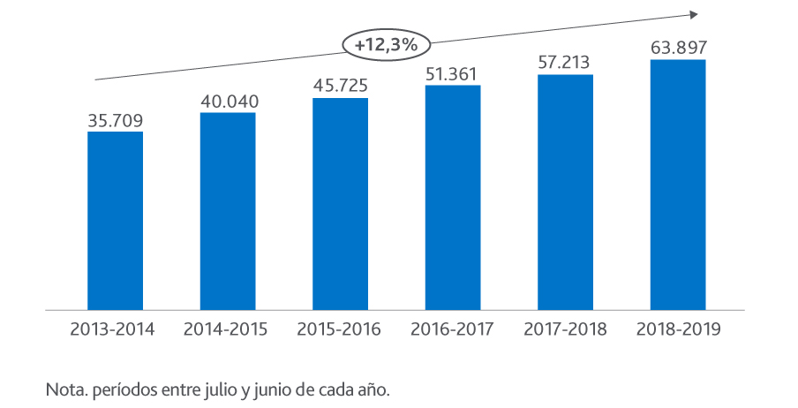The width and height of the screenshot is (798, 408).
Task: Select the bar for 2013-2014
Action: [x=115, y=221]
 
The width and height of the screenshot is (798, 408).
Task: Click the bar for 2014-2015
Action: [x=228, y=212]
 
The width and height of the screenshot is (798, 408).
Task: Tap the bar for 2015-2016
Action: [x=340, y=204]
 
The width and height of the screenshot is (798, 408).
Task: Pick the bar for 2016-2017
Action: [x=452, y=198]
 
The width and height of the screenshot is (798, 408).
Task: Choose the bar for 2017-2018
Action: [x=565, y=193]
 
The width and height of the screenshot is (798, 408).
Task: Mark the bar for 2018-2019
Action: [x=677, y=185]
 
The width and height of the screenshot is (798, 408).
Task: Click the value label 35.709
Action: [x=115, y=120]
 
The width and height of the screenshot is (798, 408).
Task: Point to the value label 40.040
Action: [x=228, y=102]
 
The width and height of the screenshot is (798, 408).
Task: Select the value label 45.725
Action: [x=340, y=87]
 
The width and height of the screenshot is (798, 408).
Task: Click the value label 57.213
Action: [x=565, y=63]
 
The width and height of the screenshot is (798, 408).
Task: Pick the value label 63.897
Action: [x=677, y=48]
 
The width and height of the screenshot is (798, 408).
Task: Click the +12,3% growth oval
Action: [x=387, y=44]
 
